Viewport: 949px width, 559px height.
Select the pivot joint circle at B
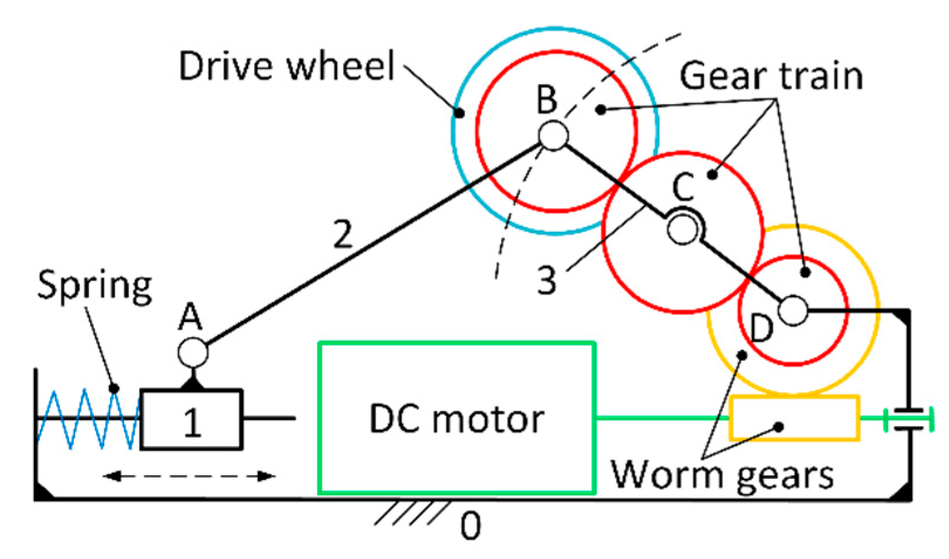pyautogui.click(x=553, y=135)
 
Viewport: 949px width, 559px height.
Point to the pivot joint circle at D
pyautogui.click(x=793, y=310)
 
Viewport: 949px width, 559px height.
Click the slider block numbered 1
pyautogui.click(x=191, y=419)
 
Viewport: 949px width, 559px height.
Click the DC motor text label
pyautogui.click(x=457, y=419)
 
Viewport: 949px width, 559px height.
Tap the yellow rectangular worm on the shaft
pyautogui.click(x=794, y=419)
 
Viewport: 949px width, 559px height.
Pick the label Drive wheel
pyautogui.click(x=287, y=66)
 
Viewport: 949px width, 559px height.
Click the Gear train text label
pyautogui.click(x=771, y=76)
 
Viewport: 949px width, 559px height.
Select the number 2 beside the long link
pyautogui.click(x=343, y=234)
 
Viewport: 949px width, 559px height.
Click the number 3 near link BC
pyautogui.click(x=546, y=280)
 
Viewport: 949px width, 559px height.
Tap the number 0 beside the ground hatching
pyautogui.click(x=471, y=525)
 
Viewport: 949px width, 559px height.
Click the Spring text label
pyautogui.click(x=94, y=286)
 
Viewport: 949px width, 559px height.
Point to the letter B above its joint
pyautogui.click(x=547, y=100)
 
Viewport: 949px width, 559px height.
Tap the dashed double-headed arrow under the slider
pyautogui.click(x=189, y=476)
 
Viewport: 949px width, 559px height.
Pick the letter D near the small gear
pyautogui.click(x=761, y=330)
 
